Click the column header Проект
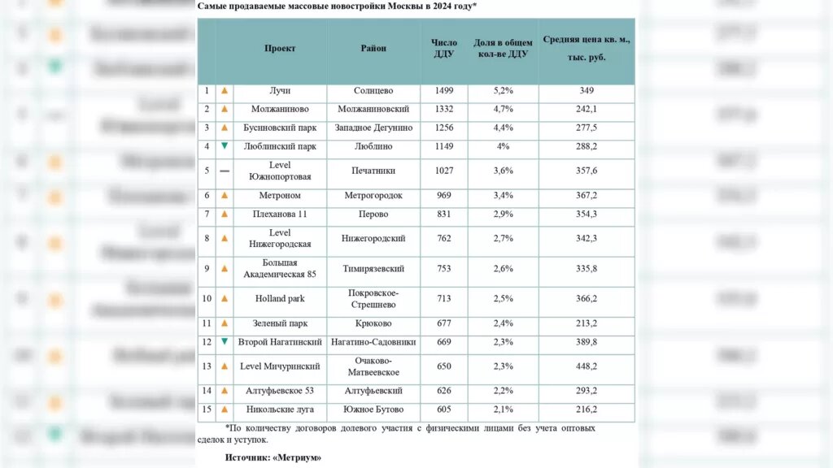280,49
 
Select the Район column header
373,49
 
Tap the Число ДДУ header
444,49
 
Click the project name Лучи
279,91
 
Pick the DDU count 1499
444,91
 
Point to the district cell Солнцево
373,91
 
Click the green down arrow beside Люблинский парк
225,146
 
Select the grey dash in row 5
225,171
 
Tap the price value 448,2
587,366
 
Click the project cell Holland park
279,299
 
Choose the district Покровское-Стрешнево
373,299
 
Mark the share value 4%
503,146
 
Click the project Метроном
279,196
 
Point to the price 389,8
587,342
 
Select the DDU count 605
444,409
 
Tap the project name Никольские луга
279,409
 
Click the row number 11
207,323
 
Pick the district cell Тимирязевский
373,269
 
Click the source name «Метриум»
296,458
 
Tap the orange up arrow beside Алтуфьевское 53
225,391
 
